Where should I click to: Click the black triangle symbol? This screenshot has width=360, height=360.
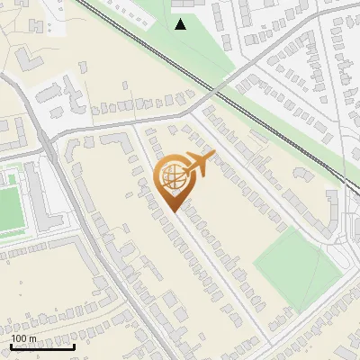181,24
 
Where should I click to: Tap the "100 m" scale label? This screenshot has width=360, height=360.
24,337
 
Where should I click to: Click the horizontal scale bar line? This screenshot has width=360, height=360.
42,346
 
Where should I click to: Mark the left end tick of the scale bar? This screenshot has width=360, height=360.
12,345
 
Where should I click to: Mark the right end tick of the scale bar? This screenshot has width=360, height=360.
74,345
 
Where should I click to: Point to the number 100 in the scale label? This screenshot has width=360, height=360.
19,337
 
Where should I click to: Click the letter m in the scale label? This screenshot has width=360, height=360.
32,337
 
